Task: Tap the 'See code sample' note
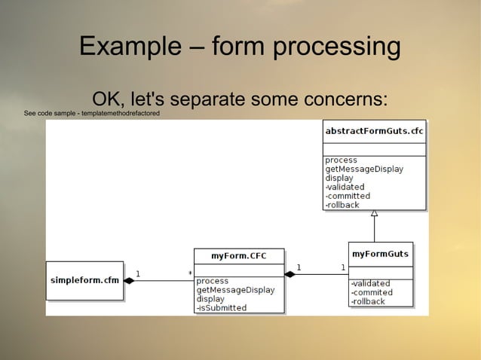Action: (x=91, y=113)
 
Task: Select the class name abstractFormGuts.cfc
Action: (x=373, y=131)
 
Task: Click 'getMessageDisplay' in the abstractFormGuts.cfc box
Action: (x=363, y=169)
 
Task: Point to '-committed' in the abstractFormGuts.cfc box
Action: (x=348, y=196)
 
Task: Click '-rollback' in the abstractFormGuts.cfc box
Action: (x=342, y=205)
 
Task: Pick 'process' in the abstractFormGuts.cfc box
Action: (x=341, y=160)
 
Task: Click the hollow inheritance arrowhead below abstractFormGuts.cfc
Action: (x=374, y=214)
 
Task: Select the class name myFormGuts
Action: (x=380, y=253)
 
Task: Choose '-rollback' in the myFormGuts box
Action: (x=368, y=301)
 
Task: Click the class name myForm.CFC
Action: (x=238, y=256)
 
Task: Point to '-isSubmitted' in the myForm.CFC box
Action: (x=221, y=307)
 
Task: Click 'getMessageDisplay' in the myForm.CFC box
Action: (x=235, y=289)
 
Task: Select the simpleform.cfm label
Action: (x=84, y=280)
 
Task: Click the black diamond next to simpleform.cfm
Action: (x=129, y=280)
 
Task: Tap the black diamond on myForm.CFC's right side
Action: (x=290, y=274)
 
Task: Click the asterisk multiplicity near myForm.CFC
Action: (x=190, y=273)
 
